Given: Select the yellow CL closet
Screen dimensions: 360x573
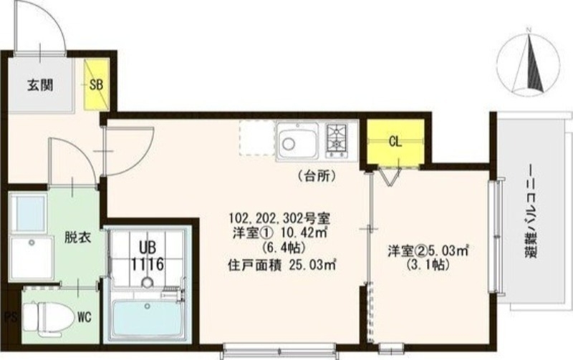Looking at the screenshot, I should pyautogui.click(x=395, y=140).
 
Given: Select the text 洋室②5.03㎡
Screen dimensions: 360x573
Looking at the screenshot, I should pyautogui.click(x=428, y=250).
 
